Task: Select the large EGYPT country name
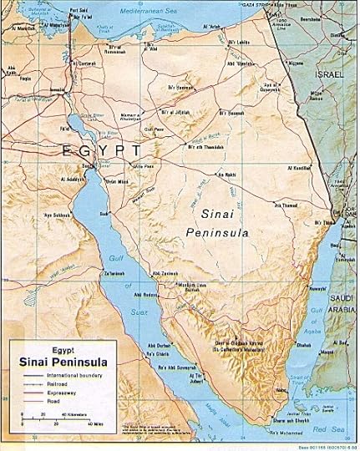click(100, 150)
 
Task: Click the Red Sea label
click(334, 431)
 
